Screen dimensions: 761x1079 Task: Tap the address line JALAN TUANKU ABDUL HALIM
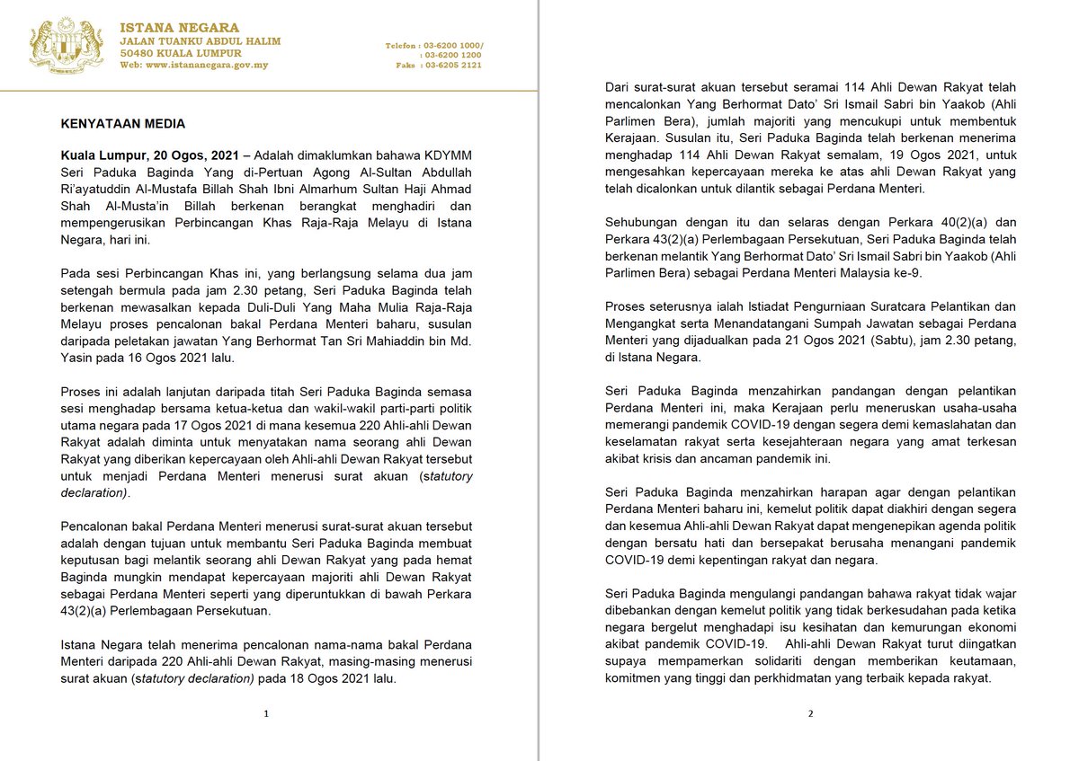201,40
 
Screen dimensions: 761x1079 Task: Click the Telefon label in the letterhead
403,45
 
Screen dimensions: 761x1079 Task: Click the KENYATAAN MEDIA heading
122,123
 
